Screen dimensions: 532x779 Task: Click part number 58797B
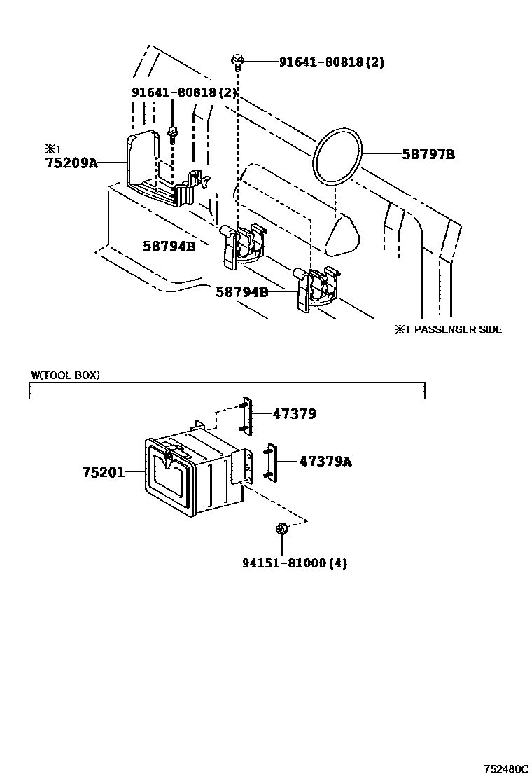[x=428, y=154]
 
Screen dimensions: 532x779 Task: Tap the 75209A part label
[x=71, y=163]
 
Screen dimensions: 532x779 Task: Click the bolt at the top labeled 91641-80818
[x=238, y=62]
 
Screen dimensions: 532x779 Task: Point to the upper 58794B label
[x=169, y=246]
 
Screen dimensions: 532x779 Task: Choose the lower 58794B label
[x=241, y=291]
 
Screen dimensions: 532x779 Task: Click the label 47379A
[x=325, y=462]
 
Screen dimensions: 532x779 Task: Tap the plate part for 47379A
[x=271, y=462]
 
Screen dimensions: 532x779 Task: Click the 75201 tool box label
[x=103, y=472]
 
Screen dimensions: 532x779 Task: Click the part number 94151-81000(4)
[x=294, y=563]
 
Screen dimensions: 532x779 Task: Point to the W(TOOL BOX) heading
[x=65, y=375]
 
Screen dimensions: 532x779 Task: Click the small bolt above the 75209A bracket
[x=173, y=135]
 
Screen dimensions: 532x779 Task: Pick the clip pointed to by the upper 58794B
[x=243, y=246]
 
